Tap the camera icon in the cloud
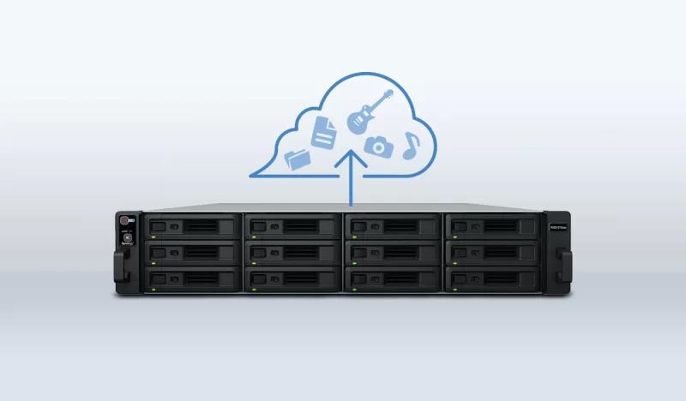(x=378, y=147)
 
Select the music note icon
(x=412, y=143)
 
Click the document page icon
(x=324, y=134)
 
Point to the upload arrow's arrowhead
(x=351, y=159)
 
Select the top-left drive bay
(x=192, y=226)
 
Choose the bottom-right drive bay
(x=492, y=278)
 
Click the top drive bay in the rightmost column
(x=492, y=226)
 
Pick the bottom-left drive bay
(x=192, y=278)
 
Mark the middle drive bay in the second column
(x=292, y=253)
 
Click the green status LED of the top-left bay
(x=153, y=237)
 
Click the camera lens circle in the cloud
(x=378, y=148)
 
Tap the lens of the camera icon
(x=378, y=148)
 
